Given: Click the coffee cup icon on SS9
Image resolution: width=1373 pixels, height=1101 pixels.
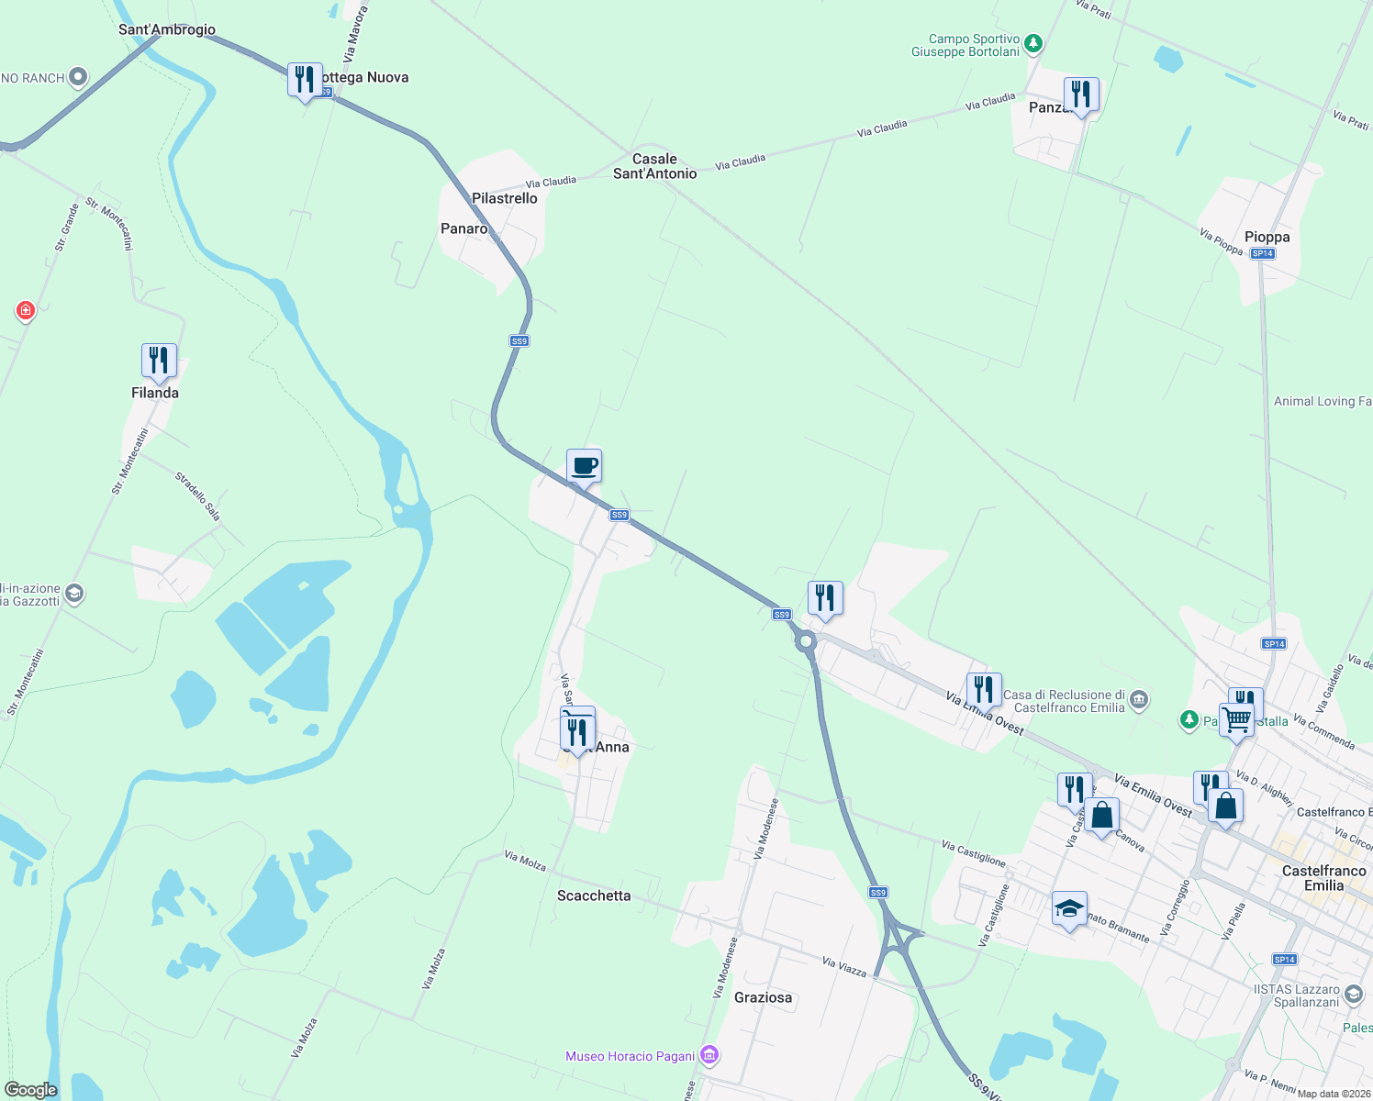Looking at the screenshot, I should pos(584,466).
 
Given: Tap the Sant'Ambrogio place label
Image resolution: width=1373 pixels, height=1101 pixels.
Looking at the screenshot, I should pos(167,29).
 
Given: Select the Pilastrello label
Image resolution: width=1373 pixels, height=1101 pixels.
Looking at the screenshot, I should pos(504,198).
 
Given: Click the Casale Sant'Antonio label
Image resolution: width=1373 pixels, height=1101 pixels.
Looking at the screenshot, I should pos(654,166).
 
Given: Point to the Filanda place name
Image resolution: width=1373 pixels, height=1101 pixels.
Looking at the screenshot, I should pos(155,393).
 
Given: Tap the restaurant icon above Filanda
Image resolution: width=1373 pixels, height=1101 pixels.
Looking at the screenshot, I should pos(159,361).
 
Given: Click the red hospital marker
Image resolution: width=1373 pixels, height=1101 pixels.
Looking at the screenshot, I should pos(26,311).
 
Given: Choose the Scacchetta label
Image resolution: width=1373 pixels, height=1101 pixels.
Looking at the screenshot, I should pos(594,895).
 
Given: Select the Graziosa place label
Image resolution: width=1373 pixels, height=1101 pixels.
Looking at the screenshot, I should pos(763,997).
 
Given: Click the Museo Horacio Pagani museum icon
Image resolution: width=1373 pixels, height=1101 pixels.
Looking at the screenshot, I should pos(709,1056).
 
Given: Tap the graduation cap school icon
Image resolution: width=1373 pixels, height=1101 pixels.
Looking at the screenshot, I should pos(1069,908).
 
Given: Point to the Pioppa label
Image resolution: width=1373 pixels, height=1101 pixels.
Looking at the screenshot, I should pos(1267,237).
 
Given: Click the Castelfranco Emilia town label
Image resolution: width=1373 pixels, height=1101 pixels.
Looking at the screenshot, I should pos(1323,878).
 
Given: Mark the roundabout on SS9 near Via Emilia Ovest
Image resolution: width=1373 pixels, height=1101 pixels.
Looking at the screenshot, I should pos(807,642).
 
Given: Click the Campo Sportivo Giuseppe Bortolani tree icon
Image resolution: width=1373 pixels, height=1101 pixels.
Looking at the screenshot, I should pos(1033,42).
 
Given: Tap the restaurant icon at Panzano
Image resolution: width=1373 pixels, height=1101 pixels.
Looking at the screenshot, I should pos(1081,95).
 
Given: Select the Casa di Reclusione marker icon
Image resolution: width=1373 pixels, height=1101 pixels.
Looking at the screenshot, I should pos(1139,700).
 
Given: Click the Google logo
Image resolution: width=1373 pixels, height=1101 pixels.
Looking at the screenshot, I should pos(31,1090).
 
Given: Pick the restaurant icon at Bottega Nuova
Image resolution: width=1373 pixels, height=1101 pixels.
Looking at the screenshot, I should pos(305,80).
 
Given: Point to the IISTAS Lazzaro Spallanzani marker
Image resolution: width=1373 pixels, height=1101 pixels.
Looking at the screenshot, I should pos(1353,995).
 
